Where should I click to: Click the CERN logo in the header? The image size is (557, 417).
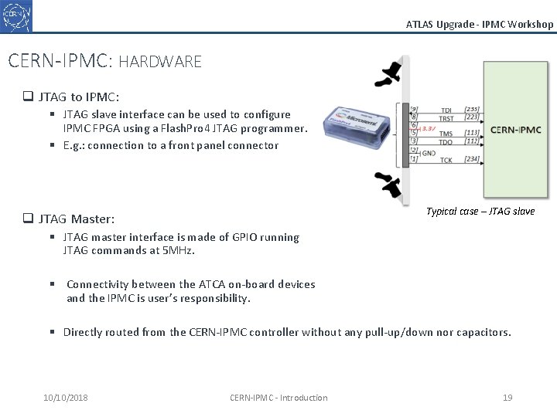[17, 15]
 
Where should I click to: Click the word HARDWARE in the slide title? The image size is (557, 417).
[160, 61]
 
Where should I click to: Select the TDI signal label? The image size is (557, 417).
[447, 110]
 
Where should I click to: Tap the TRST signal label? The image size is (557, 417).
[447, 118]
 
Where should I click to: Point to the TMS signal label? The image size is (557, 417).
[447, 133]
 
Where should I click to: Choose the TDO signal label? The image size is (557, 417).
[447, 142]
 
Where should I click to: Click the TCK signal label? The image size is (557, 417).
[447, 160]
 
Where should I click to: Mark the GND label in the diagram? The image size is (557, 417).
[428, 153]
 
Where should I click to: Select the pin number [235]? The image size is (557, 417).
[471, 110]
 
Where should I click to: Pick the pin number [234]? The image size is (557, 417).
[471, 160]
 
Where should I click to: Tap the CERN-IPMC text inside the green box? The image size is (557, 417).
[516, 130]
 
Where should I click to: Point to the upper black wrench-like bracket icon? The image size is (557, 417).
[387, 74]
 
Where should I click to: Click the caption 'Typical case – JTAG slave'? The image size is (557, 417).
[480, 212]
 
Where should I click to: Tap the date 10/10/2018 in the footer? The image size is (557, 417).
[66, 398]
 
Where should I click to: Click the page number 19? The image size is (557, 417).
[507, 398]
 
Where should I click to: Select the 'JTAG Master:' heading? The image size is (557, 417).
[76, 219]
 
